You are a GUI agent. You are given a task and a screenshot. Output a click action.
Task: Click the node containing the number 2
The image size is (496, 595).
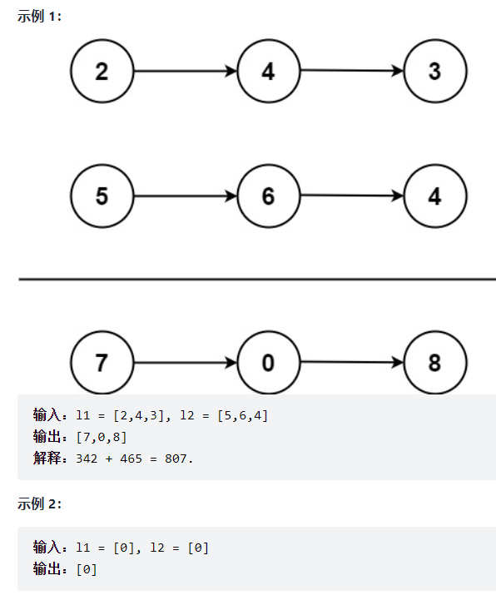pyautogui.click(x=102, y=72)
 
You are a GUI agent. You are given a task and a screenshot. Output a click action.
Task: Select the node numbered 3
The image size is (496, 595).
pyautogui.click(x=434, y=72)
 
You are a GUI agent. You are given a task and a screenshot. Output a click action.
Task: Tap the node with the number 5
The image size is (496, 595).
pyautogui.click(x=102, y=196)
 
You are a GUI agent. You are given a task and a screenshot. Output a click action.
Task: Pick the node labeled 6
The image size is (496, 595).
pyautogui.click(x=268, y=196)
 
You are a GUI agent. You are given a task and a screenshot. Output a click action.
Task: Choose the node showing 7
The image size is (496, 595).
pyautogui.click(x=102, y=363)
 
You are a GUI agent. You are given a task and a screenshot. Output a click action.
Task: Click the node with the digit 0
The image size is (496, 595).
pyautogui.click(x=268, y=363)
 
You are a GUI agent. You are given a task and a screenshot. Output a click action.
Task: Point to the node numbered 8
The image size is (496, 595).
pyautogui.click(x=434, y=363)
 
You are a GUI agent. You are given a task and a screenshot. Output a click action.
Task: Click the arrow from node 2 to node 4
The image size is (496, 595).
pyautogui.click(x=185, y=72)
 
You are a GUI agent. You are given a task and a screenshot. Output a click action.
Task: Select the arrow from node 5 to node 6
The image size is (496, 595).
pyautogui.click(x=185, y=196)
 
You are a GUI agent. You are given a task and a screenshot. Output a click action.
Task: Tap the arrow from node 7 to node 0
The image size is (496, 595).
pyautogui.click(x=185, y=363)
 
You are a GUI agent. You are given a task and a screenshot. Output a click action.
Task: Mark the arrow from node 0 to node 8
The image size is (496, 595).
pyautogui.click(x=351, y=363)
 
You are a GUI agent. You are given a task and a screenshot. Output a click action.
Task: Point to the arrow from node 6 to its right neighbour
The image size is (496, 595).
pyautogui.click(x=351, y=196)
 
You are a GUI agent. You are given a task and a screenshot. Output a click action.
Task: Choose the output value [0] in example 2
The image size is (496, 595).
pyautogui.click(x=87, y=569)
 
